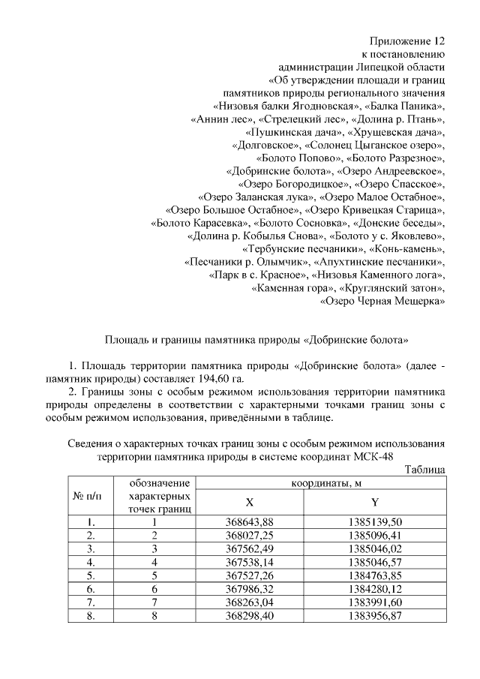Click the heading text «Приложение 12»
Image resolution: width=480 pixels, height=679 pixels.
click(409, 40)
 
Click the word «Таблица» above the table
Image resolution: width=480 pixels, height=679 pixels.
click(425, 470)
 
